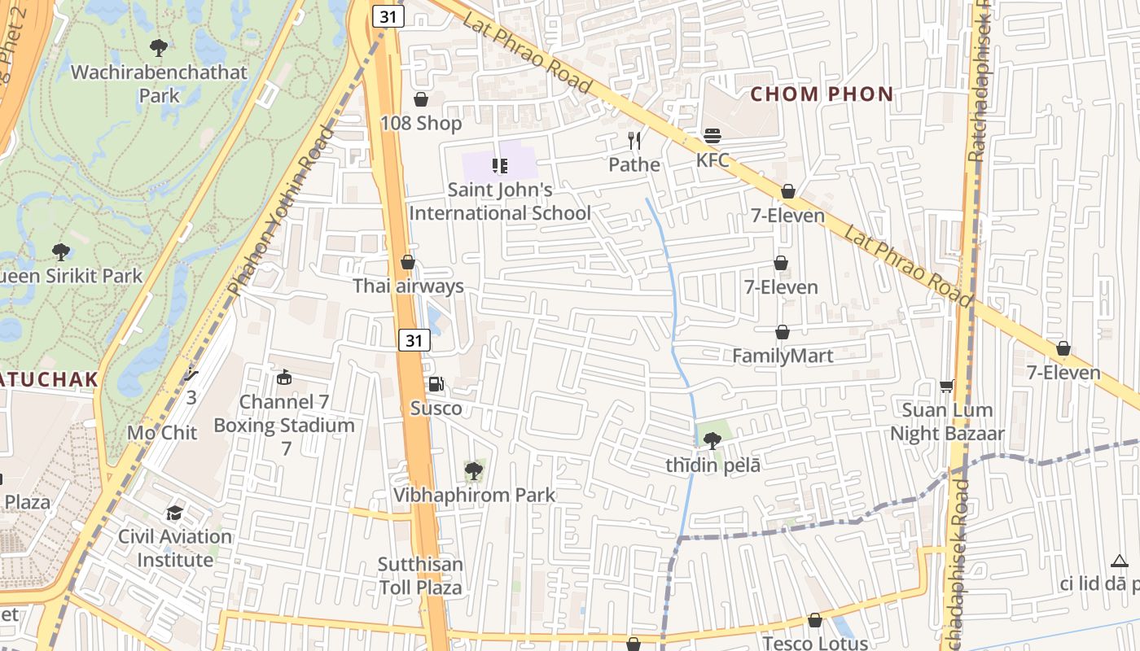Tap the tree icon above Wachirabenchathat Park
159,48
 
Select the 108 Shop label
421,123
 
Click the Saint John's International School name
500,202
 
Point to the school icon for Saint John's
500,166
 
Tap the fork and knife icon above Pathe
634,141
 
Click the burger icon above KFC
712,136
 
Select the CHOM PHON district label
822,94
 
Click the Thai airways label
408,286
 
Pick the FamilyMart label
783,356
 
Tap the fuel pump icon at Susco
436,384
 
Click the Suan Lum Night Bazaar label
947,422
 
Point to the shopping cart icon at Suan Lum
946,385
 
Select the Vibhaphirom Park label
474,495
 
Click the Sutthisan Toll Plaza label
420,575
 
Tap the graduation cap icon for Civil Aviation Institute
175,513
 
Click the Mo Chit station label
162,432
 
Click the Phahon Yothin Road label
282,210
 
